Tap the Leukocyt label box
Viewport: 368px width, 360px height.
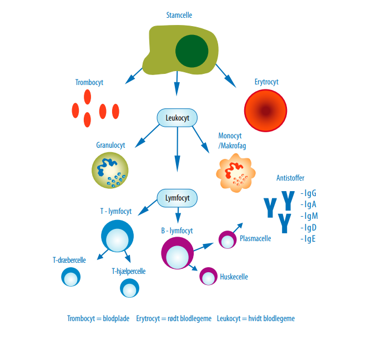[177, 118]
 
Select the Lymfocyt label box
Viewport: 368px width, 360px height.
[177, 197]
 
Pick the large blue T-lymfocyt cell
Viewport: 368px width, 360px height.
[117, 236]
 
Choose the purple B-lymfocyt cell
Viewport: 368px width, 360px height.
[178, 253]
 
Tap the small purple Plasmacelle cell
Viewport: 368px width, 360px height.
[228, 239]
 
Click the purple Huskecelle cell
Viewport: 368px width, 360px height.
[208, 276]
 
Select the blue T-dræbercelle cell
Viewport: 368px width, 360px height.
[70, 277]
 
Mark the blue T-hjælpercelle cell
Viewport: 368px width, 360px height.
[130, 287]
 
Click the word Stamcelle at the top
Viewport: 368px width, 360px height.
[179, 15]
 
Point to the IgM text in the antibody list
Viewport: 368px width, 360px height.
[309, 216]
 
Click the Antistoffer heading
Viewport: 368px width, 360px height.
[290, 178]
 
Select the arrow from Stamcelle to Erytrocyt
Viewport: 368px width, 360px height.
[225, 76]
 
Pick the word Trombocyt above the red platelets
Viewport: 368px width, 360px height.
[89, 82]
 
